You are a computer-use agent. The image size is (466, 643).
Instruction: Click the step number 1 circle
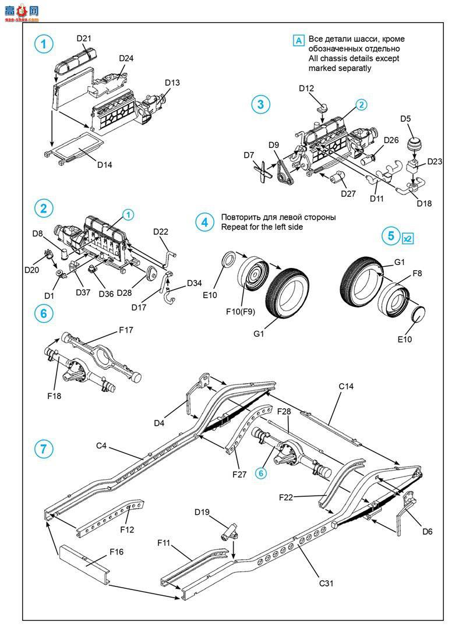[x=44, y=43]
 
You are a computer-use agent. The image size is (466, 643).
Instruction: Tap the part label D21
[x=84, y=38]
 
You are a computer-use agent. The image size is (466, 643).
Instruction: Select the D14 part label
[x=105, y=164]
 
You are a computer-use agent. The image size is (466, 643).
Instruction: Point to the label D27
[x=348, y=193]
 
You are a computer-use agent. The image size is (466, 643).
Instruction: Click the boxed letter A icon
[x=299, y=40]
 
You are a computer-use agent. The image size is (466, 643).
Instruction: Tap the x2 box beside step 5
[x=407, y=238]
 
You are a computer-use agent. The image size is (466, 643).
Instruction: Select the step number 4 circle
[x=204, y=222]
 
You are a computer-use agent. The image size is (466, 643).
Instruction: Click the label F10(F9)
[x=241, y=311]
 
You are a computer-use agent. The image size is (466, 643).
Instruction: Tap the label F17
[x=126, y=330]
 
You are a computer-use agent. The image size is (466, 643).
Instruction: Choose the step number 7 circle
[x=44, y=448]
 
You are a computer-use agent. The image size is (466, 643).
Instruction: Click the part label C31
[x=327, y=582]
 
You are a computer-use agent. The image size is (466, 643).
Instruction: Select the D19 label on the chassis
[x=202, y=512]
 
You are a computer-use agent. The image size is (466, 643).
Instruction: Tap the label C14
[x=346, y=386]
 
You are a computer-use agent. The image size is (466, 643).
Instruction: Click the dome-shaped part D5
[x=414, y=144]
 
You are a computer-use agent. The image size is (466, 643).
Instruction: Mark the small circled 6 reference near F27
[x=261, y=473]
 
